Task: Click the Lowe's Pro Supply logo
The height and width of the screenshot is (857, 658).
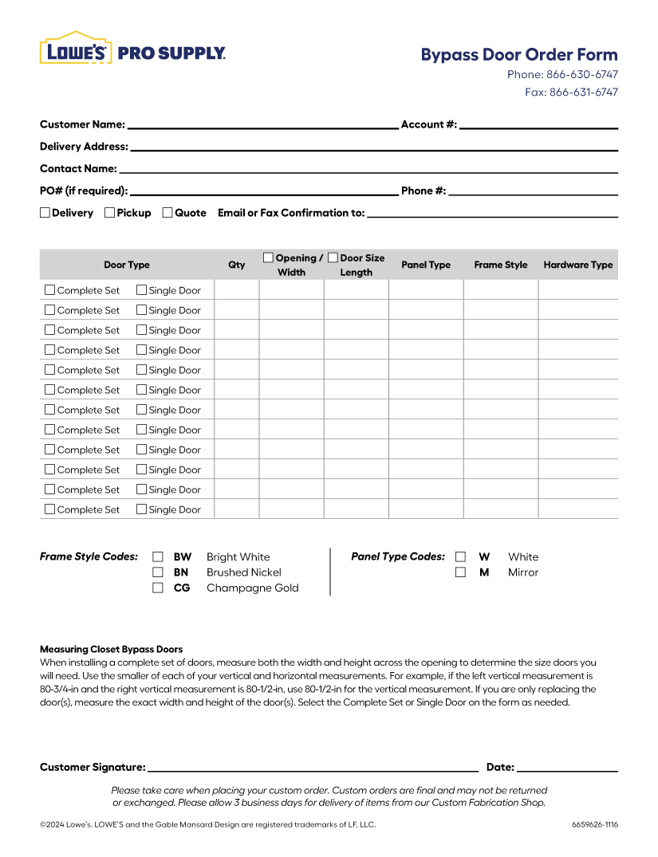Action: click(x=132, y=49)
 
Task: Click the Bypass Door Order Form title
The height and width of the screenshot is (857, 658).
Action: click(x=518, y=55)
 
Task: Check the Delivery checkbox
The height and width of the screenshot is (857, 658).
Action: click(x=45, y=213)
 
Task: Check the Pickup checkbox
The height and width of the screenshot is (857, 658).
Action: click(x=110, y=213)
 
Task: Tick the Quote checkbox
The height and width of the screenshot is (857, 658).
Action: click(x=167, y=213)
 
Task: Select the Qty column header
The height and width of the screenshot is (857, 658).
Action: click(x=237, y=265)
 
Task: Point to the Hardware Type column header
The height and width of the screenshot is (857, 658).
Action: click(x=577, y=265)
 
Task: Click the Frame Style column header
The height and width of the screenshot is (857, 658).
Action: click(x=500, y=265)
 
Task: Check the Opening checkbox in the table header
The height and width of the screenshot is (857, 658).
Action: click(x=269, y=257)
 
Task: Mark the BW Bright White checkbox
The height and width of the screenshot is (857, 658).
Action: click(x=158, y=557)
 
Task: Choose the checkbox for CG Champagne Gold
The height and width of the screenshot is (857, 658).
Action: click(x=158, y=588)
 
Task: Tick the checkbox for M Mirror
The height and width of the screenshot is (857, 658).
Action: click(x=460, y=572)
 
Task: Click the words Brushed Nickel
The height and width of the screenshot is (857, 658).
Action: click(x=243, y=572)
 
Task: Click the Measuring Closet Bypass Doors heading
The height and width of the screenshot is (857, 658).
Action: click(x=111, y=650)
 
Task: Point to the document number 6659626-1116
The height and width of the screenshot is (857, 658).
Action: click(x=594, y=825)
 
